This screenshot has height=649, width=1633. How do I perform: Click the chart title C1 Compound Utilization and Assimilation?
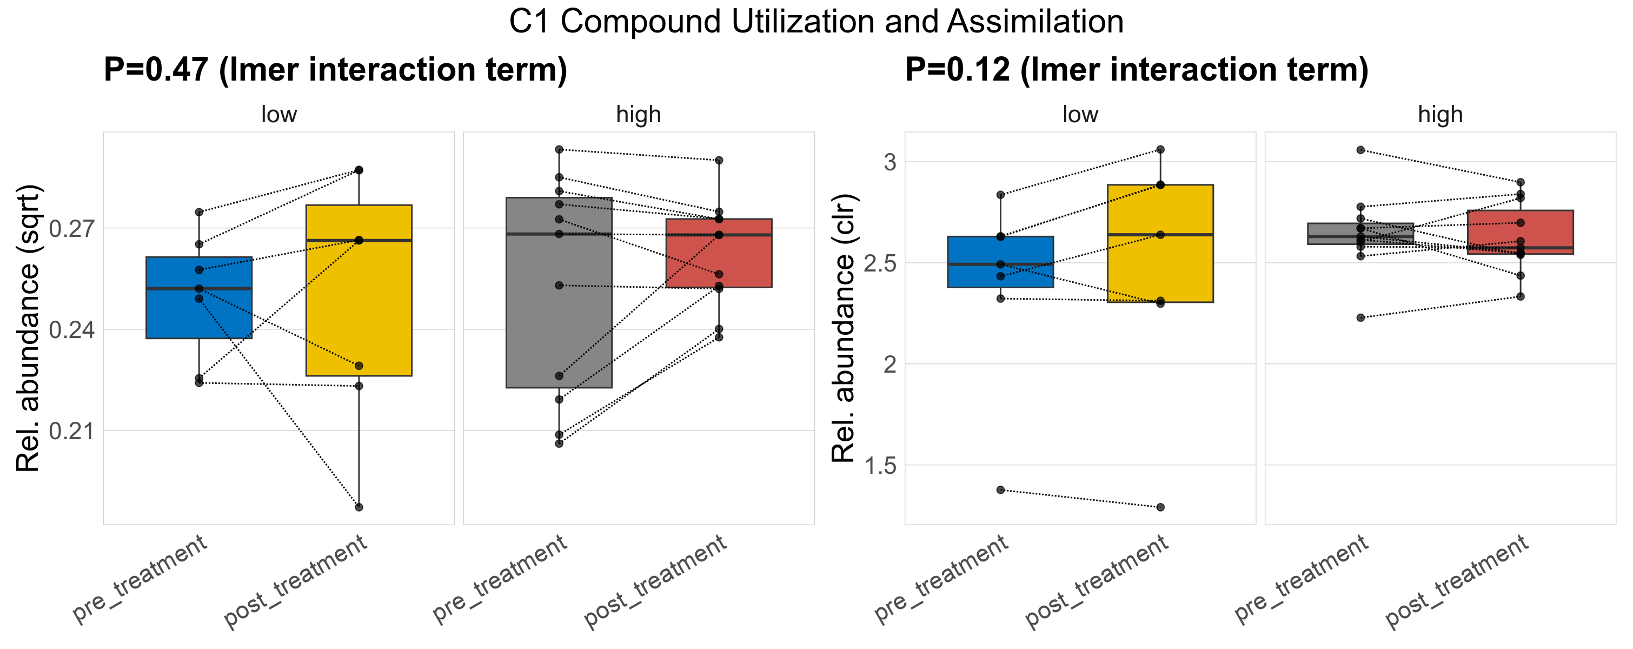(x=816, y=22)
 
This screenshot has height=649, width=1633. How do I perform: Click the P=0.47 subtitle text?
(x=335, y=70)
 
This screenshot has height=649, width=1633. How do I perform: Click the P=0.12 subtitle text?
(x=1136, y=70)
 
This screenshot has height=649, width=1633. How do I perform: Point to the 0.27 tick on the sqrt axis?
(x=71, y=228)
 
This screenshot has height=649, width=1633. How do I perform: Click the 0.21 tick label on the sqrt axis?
(x=71, y=431)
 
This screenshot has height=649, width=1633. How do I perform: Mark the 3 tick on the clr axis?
(x=890, y=162)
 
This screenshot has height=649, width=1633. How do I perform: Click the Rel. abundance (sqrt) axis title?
(x=28, y=328)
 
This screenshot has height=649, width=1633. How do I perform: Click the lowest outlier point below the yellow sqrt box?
(x=359, y=507)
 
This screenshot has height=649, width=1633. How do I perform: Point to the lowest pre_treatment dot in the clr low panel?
(x=1000, y=490)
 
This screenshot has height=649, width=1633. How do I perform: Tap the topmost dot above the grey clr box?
(x=1360, y=150)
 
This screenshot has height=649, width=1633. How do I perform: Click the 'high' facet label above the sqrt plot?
(x=639, y=115)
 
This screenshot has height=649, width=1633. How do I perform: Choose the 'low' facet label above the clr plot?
(x=1080, y=115)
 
